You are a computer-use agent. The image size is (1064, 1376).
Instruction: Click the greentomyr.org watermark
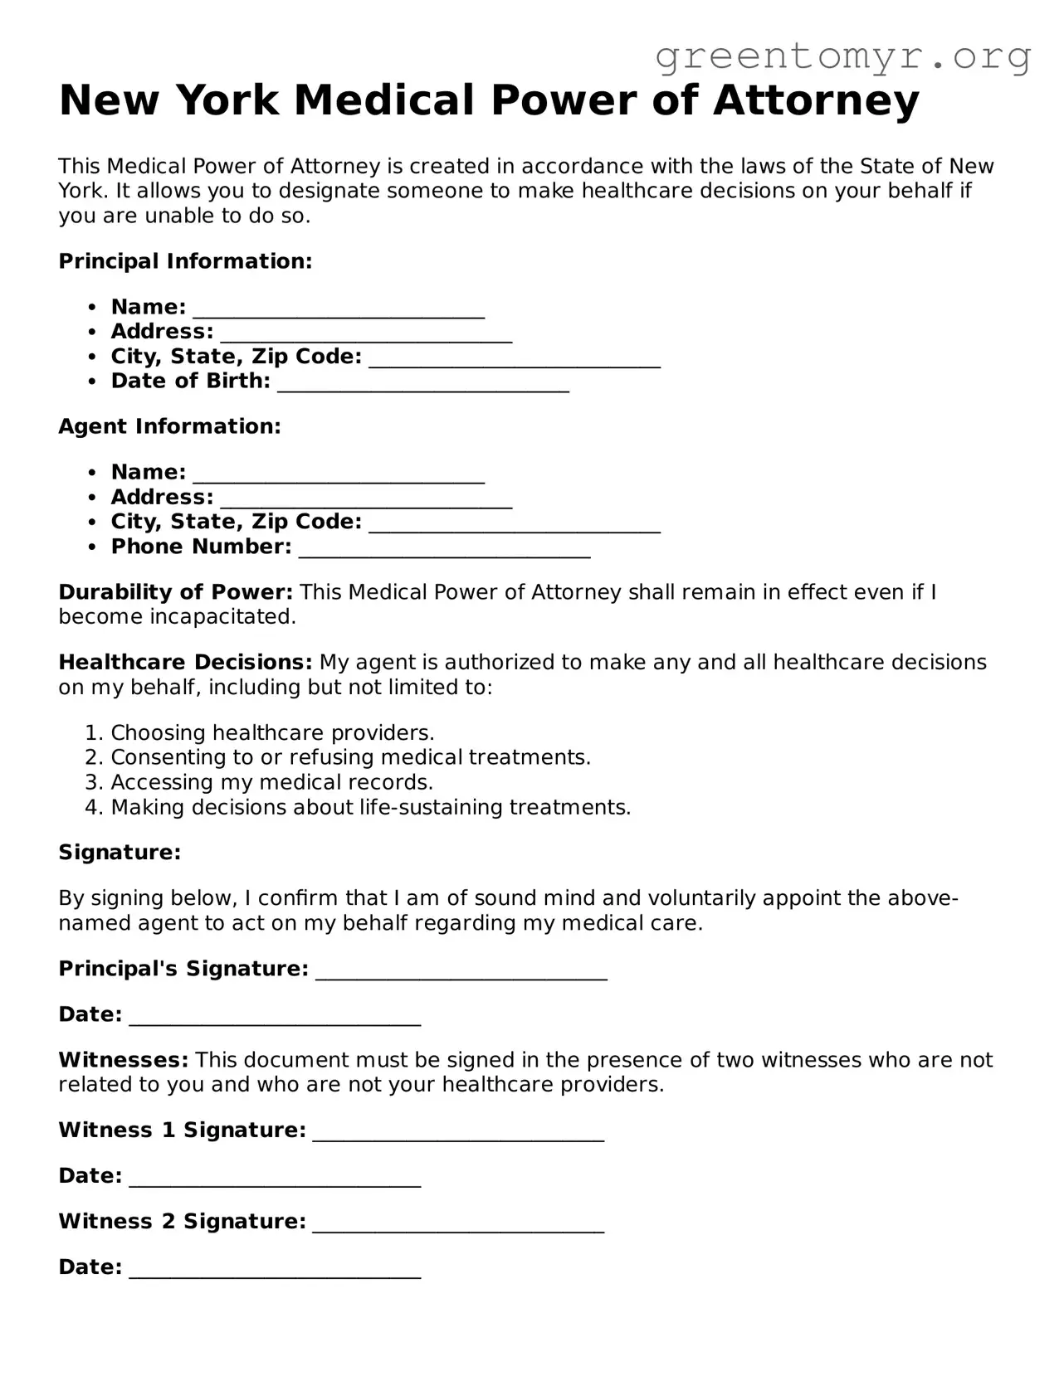click(842, 56)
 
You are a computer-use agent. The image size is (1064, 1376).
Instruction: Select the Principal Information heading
click(185, 261)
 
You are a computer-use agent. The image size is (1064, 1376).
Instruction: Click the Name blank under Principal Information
click(339, 309)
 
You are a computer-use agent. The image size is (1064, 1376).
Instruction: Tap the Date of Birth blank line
click(423, 384)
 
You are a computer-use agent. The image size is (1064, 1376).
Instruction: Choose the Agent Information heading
click(169, 426)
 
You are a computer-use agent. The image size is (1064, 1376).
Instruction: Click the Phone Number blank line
click(444, 549)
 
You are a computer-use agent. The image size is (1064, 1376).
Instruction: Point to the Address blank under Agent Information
click(366, 499)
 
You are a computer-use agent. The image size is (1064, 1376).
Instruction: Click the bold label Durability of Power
click(175, 592)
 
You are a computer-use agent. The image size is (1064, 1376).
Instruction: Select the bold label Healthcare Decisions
click(185, 663)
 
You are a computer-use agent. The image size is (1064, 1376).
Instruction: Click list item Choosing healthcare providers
click(272, 733)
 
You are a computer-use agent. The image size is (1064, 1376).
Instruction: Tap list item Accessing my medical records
click(271, 782)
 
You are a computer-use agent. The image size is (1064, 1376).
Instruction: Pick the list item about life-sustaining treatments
click(370, 807)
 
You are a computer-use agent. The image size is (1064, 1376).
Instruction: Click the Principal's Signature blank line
click(461, 971)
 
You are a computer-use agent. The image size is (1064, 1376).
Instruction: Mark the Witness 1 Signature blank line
click(458, 1133)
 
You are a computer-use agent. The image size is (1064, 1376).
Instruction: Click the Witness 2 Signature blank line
click(458, 1224)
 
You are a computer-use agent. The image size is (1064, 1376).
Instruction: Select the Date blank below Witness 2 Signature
click(275, 1270)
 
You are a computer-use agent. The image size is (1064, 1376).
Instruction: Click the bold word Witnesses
click(124, 1060)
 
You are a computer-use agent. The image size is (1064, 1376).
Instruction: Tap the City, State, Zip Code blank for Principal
click(515, 359)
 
